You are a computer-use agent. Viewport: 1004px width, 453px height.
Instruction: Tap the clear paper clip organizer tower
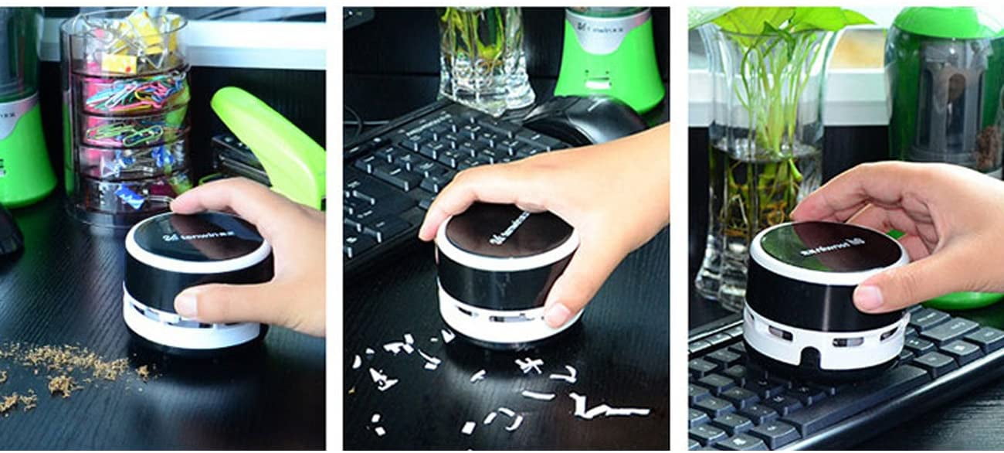pos(127,116)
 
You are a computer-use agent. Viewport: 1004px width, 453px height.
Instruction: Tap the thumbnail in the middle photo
pos(557,314)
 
